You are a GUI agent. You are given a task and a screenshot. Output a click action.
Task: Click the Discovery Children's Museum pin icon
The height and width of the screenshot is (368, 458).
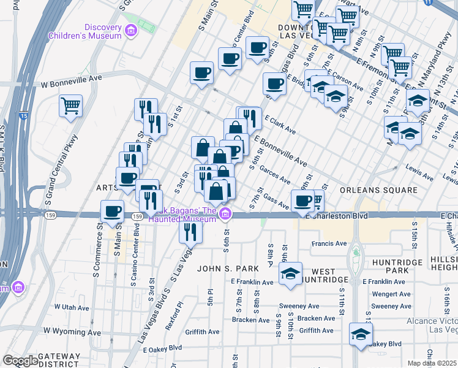tap(130, 31)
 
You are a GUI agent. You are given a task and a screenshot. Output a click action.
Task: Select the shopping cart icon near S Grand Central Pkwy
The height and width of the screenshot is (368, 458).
tap(70, 105)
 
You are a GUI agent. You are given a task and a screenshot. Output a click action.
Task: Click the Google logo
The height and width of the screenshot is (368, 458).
tap(20, 361)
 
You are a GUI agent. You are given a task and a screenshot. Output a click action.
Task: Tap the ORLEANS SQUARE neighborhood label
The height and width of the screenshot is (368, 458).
tap(379, 190)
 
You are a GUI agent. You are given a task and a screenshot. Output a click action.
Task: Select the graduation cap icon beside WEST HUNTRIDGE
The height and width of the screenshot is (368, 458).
tap(291, 274)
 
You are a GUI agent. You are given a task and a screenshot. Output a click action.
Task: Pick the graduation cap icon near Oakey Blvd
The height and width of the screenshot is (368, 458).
tap(361, 334)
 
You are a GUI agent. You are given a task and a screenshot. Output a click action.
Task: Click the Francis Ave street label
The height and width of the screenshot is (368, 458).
tap(330, 243)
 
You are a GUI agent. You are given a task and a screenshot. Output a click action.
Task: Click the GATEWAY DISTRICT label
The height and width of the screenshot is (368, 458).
tap(59, 360)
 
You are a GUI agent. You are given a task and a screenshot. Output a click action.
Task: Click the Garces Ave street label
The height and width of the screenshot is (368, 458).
tap(274, 173)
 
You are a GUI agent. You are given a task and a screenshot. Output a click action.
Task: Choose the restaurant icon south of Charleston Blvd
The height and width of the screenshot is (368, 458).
tap(190, 231)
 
